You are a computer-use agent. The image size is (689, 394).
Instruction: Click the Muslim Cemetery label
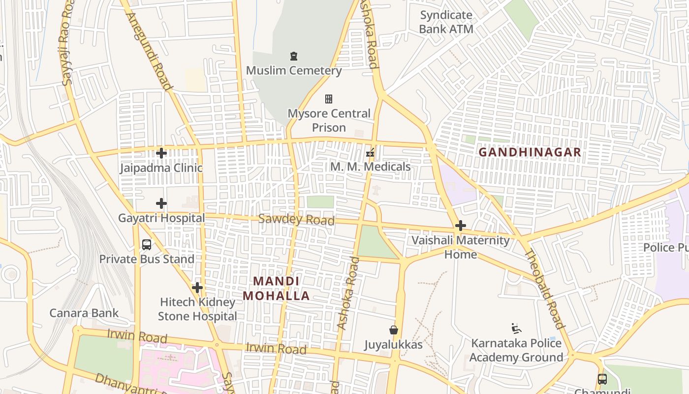pyautogui.click(x=293, y=70)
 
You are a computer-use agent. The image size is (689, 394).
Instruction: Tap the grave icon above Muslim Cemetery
pyautogui.click(x=294, y=56)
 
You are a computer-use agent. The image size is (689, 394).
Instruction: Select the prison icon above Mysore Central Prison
pyautogui.click(x=329, y=99)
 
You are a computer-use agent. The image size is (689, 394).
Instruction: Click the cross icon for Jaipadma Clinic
pyautogui.click(x=161, y=153)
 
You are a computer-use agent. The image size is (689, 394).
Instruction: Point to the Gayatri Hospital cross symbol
pyautogui.click(x=161, y=203)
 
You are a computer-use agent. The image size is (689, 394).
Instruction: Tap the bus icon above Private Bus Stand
pyautogui.click(x=146, y=244)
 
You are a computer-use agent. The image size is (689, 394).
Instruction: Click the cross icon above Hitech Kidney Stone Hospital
pyautogui.click(x=197, y=287)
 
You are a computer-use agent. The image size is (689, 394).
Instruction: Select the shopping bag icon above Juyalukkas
pyautogui.click(x=393, y=330)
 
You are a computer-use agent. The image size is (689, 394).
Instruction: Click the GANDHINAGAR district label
pyautogui.click(x=530, y=152)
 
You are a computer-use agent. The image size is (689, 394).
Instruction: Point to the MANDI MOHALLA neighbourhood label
pyautogui.click(x=276, y=289)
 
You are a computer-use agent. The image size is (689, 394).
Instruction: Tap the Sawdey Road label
pyautogui.click(x=296, y=220)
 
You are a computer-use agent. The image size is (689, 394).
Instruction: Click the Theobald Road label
pyautogui.click(x=544, y=289)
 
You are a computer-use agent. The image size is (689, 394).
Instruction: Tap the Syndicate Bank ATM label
pyautogui.click(x=446, y=22)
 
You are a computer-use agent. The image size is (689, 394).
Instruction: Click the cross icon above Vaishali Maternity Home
pyautogui.click(x=460, y=226)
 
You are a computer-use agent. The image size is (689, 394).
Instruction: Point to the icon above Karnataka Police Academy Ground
pyautogui.click(x=516, y=328)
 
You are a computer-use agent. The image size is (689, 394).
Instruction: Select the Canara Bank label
pyautogui.click(x=84, y=313)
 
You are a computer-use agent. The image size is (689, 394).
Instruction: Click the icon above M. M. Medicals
pyautogui.click(x=370, y=153)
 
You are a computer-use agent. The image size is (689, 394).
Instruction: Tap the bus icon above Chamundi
pyautogui.click(x=602, y=379)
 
